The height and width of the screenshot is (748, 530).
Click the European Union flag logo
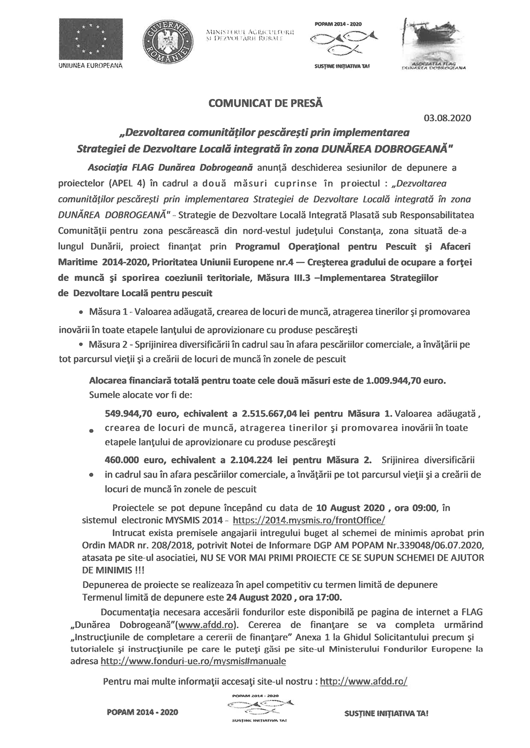90,39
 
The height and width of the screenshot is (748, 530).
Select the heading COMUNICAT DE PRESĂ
265,104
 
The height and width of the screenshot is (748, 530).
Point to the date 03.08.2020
447,118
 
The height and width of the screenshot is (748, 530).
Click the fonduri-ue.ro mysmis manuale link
193,661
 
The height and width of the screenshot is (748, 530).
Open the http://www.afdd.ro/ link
363,681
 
